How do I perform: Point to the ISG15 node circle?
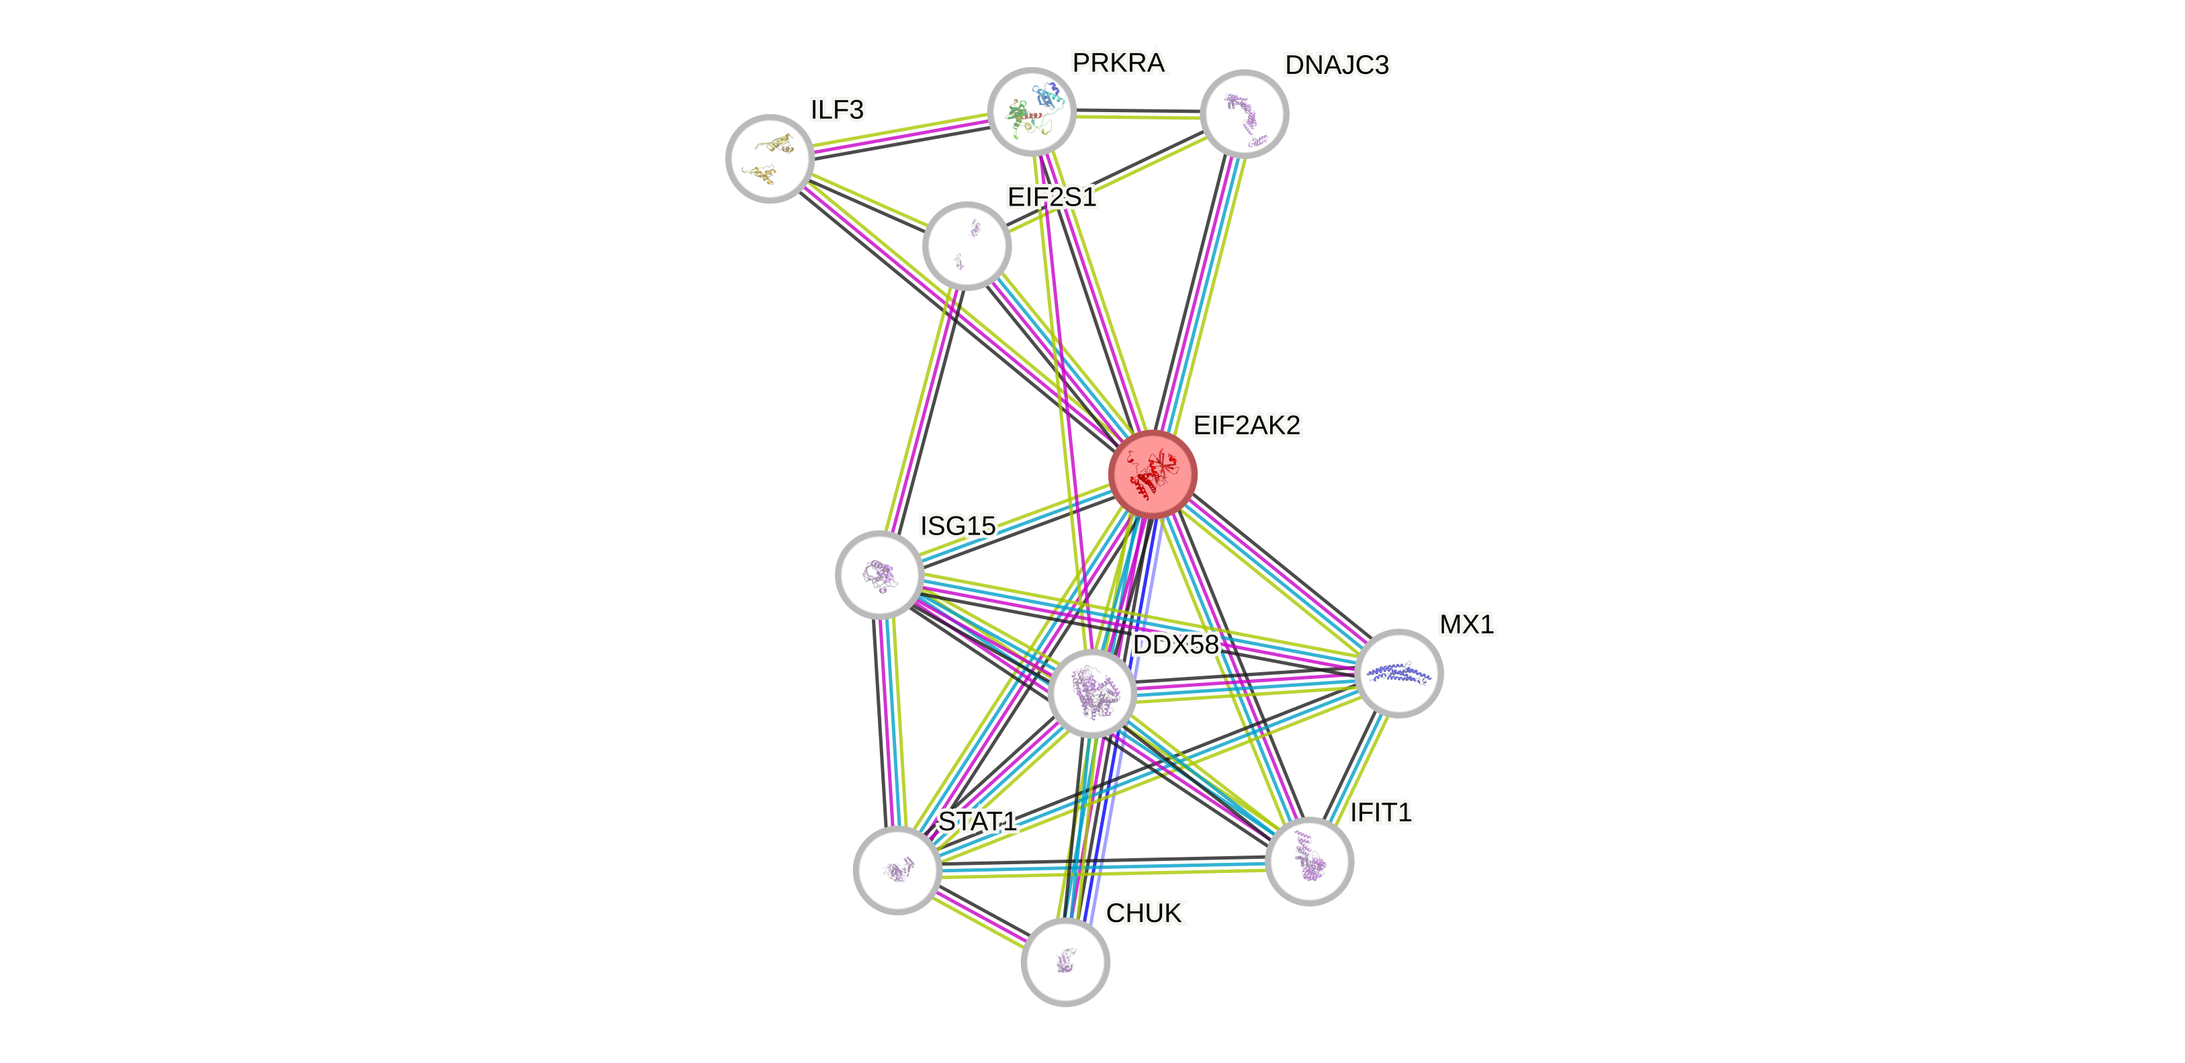tap(880, 574)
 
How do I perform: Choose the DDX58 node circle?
tap(1091, 692)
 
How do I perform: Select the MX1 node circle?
tap(1398, 673)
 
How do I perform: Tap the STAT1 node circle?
tap(897, 870)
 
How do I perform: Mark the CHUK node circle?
tap(1065, 962)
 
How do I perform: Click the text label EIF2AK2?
tap(1246, 424)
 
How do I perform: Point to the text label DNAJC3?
tap(1337, 65)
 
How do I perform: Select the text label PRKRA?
tap(1118, 62)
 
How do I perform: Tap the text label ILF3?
tap(837, 109)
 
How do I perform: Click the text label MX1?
tap(1466, 624)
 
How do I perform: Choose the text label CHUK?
tap(1145, 913)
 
